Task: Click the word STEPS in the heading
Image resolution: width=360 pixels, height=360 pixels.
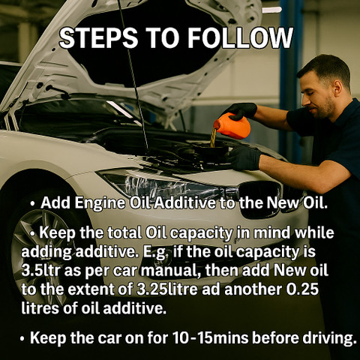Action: point(98,38)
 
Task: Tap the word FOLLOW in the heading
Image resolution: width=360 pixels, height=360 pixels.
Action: point(240,38)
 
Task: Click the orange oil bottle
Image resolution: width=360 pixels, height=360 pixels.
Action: point(232,126)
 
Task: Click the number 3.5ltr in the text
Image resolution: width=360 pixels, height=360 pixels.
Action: point(40,271)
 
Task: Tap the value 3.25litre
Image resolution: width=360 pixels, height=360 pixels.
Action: point(167,289)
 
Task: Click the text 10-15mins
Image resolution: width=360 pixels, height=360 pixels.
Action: point(211,337)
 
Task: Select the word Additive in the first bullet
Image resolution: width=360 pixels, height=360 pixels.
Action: point(184,202)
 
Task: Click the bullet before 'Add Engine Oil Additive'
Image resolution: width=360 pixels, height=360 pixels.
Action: point(32,204)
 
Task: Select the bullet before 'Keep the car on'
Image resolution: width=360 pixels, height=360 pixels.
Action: point(22,339)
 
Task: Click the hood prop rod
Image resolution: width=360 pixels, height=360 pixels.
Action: point(133,75)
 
